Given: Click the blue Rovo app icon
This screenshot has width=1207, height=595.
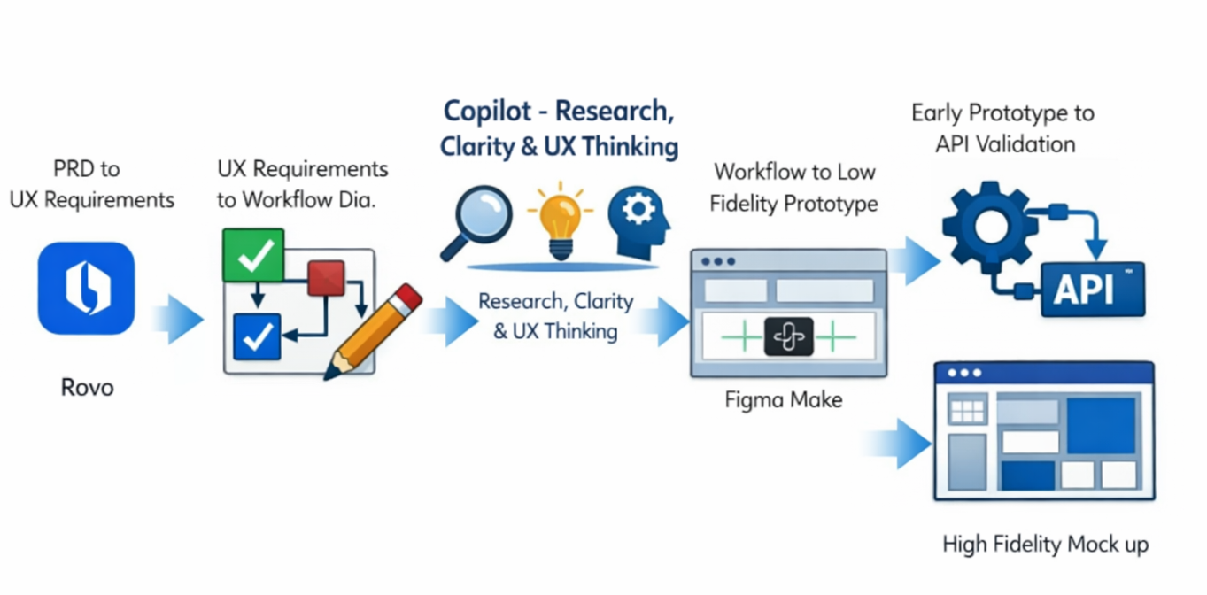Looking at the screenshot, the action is (x=86, y=289).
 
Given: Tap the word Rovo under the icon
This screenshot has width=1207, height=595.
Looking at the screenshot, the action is (x=88, y=388).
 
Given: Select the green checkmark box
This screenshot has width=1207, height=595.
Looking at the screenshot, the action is (x=253, y=255).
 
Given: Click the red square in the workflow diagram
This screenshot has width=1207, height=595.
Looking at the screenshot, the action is (x=326, y=278).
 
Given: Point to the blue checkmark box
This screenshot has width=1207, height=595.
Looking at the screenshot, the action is (x=257, y=336).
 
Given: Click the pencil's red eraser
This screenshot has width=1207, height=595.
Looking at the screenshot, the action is (x=408, y=297).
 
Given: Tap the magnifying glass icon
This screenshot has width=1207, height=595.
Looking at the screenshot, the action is (x=476, y=222).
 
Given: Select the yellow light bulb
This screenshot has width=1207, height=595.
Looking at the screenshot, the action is (x=561, y=221).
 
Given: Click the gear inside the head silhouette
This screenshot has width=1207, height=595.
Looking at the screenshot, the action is (x=638, y=209).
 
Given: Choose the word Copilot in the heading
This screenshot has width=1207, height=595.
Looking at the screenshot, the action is (x=487, y=111).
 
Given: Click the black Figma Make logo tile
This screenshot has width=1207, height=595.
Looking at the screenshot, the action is (x=789, y=336).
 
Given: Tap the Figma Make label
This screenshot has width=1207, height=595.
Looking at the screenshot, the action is (x=784, y=400).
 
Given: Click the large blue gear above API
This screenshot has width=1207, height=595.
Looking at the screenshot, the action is (x=990, y=227).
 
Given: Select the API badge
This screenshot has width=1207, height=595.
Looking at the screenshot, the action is (x=1093, y=290).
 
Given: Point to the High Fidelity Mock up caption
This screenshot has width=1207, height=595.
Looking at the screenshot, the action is (x=1045, y=545).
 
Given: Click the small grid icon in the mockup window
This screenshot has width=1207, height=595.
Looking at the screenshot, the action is (x=967, y=410).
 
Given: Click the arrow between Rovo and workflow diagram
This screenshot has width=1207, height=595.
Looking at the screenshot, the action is (x=178, y=319).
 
